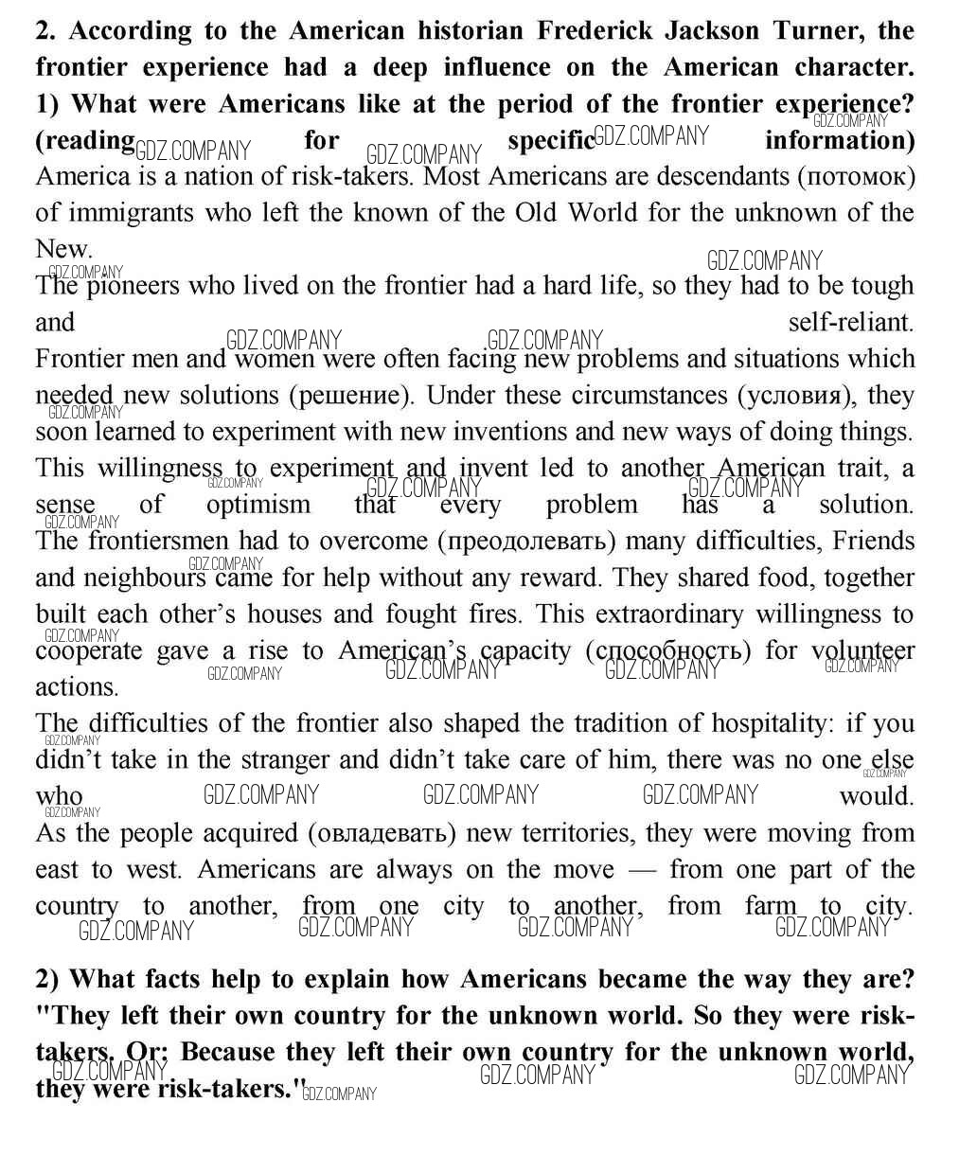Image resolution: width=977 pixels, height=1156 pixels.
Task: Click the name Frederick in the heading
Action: pyautogui.click(x=595, y=30)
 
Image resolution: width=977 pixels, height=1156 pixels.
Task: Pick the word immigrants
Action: pyautogui.click(x=130, y=213)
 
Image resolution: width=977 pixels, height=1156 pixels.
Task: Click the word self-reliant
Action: pyautogui.click(x=850, y=322)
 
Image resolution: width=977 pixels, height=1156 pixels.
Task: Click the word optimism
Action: pyautogui.click(x=258, y=504)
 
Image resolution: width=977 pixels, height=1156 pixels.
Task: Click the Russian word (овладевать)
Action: pyautogui.click(x=381, y=834)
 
